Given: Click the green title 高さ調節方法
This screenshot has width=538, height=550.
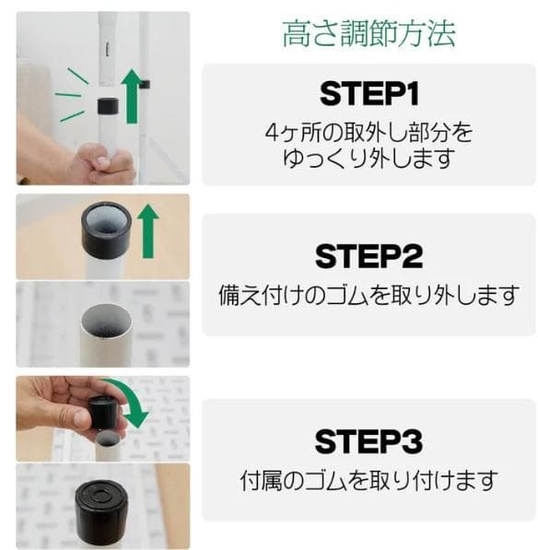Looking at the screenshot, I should tap(368, 35).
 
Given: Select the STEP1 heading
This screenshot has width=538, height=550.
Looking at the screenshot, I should tap(368, 93).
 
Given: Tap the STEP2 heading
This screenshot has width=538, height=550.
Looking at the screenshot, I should tap(368, 255).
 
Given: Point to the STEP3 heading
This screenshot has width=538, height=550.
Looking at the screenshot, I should tap(368, 440).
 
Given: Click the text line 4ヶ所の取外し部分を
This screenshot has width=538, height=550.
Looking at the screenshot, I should tap(368, 132).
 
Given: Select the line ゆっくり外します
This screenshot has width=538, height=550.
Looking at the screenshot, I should tap(368, 158).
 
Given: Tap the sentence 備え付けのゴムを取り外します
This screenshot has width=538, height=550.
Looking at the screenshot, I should tap(368, 296).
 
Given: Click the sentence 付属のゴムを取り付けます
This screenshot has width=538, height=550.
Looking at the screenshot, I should tap(368, 480).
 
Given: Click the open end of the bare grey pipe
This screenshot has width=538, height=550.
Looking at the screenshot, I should tap(103, 322).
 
